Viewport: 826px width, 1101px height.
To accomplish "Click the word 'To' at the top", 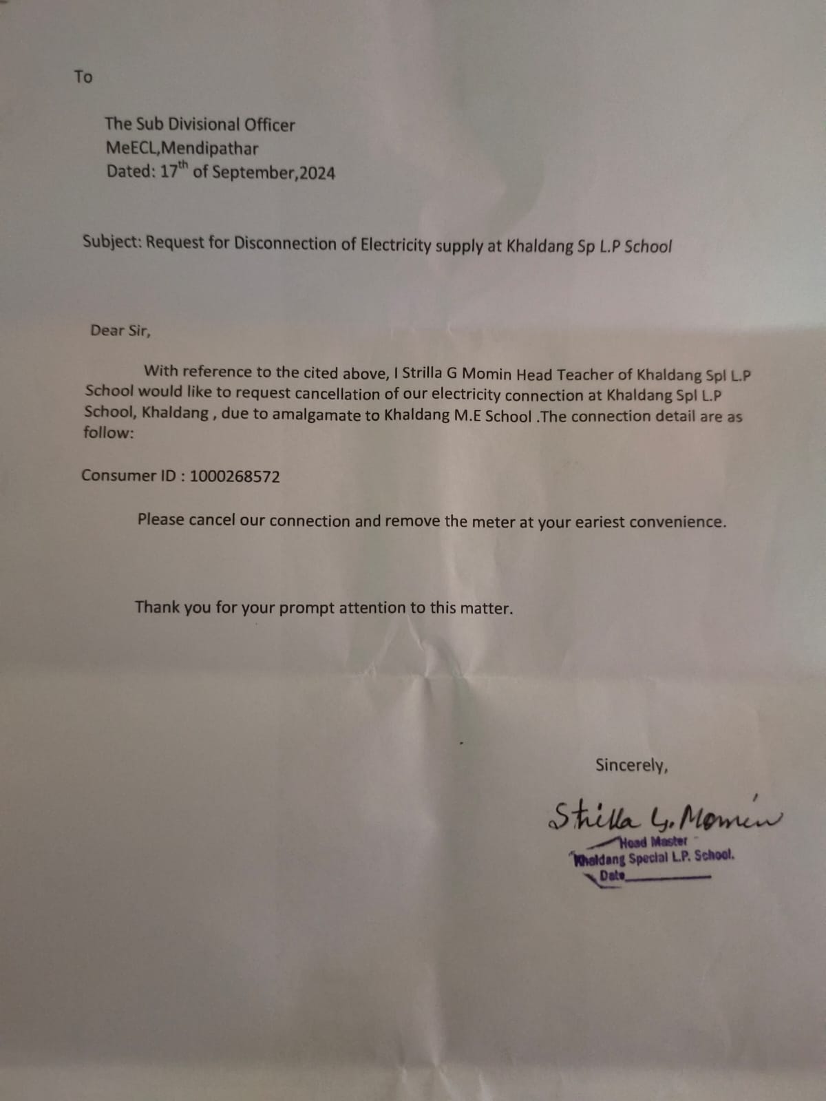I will (x=83, y=76).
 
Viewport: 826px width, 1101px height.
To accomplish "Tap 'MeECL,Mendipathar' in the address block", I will (x=182, y=148).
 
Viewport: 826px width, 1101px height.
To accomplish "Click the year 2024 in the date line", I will (x=317, y=173).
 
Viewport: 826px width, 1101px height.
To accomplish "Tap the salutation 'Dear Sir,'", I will (x=120, y=331).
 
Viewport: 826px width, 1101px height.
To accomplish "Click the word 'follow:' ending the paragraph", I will (x=109, y=433).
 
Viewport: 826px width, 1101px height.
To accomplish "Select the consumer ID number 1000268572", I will (x=235, y=476).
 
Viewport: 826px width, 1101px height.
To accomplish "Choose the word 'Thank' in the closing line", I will (x=157, y=607).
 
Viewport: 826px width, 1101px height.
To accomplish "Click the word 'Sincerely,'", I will (x=631, y=765).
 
